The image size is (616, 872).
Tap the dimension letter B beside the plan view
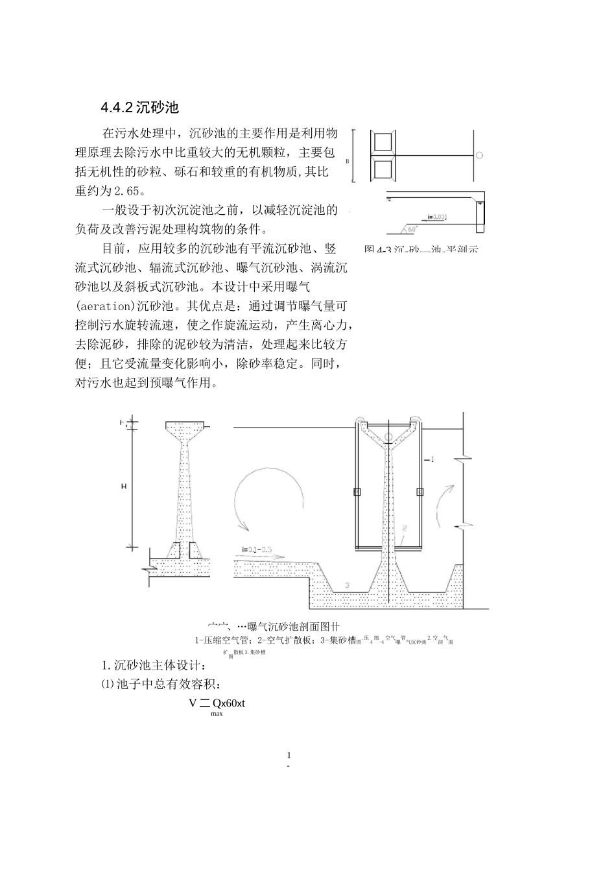tap(348, 160)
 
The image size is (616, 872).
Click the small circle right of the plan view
tap(479, 155)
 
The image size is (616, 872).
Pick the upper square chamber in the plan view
tap(381, 142)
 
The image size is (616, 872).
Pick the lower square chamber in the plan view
tap(381, 169)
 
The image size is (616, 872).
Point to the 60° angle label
tap(413, 229)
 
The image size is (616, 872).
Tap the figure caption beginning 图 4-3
tap(421, 249)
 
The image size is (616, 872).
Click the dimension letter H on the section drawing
tap(124, 485)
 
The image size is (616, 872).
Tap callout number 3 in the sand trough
tap(347, 585)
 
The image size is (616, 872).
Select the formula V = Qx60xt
tap(217, 703)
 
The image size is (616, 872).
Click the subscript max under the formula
tap(217, 714)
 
